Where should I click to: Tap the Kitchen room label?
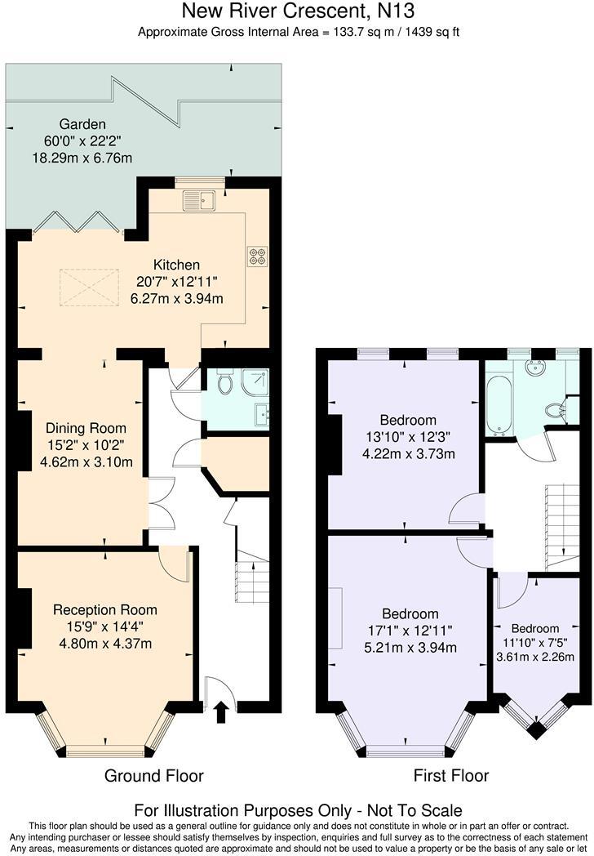click(x=177, y=265)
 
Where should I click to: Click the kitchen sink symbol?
click(x=197, y=198)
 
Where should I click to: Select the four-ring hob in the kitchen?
click(x=257, y=256)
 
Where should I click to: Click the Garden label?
click(x=82, y=124)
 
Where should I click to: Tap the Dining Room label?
click(x=86, y=428)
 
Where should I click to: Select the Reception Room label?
click(x=104, y=609)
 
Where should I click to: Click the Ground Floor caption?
click(x=153, y=775)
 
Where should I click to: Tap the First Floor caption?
click(x=450, y=775)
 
